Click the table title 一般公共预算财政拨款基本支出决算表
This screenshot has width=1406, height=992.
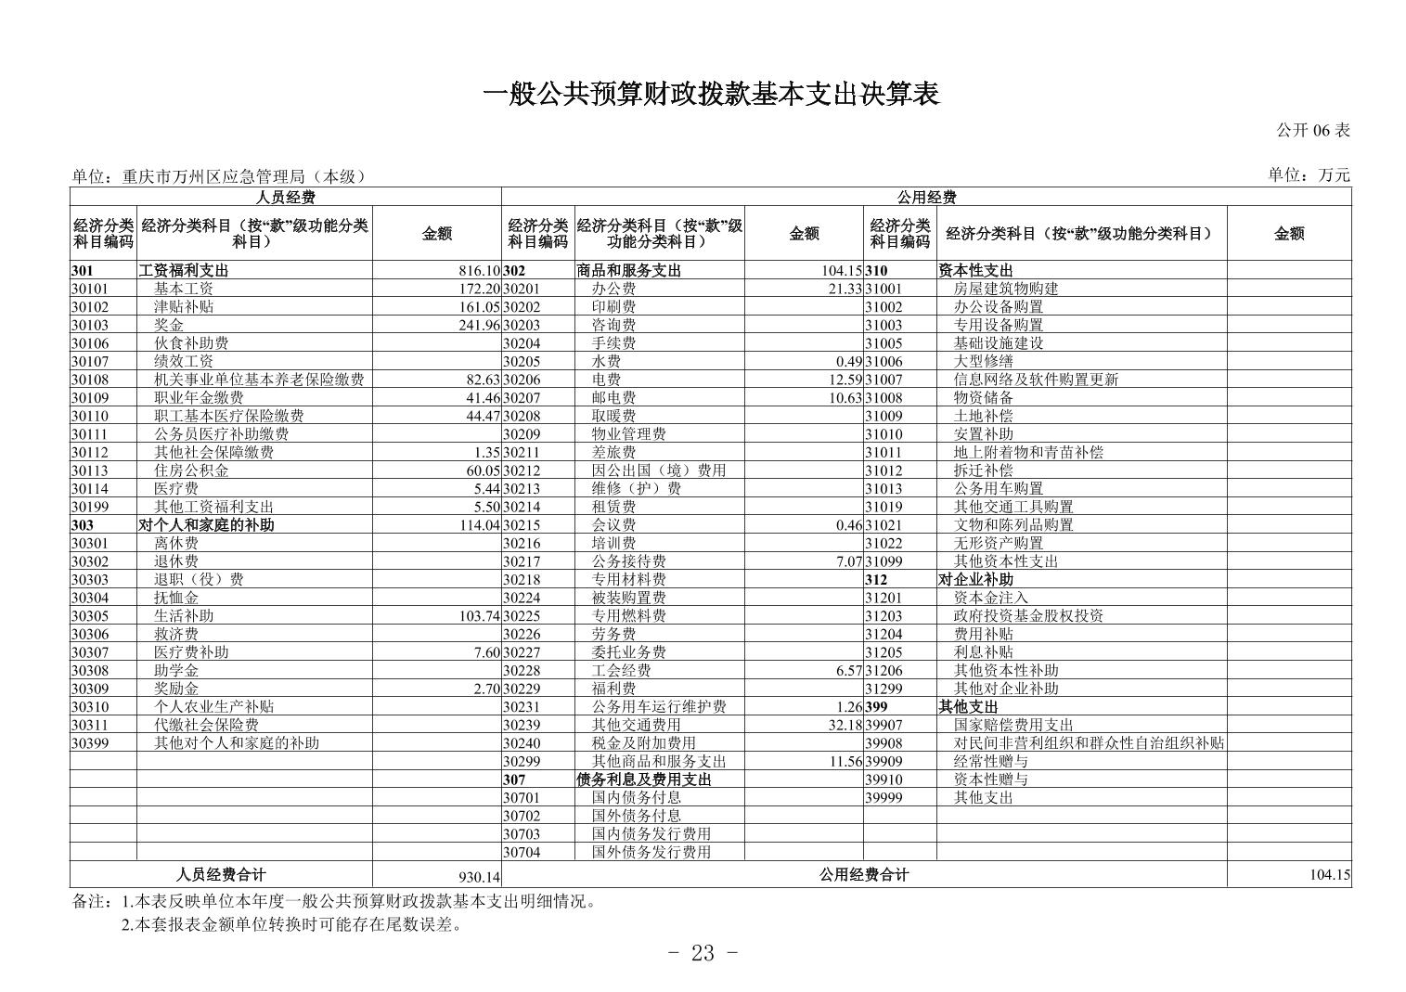coord(711,94)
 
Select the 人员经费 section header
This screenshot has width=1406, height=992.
coord(285,197)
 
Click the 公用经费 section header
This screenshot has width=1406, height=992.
coord(925,197)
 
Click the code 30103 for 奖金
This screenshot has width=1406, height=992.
coord(90,326)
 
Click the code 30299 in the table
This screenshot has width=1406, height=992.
coord(522,761)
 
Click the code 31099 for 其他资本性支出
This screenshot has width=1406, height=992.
coord(884,561)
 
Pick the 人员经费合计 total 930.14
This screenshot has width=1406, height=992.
coord(480,876)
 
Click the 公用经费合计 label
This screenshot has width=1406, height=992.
coord(863,875)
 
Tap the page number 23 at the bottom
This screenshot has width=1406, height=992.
coord(703,954)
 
